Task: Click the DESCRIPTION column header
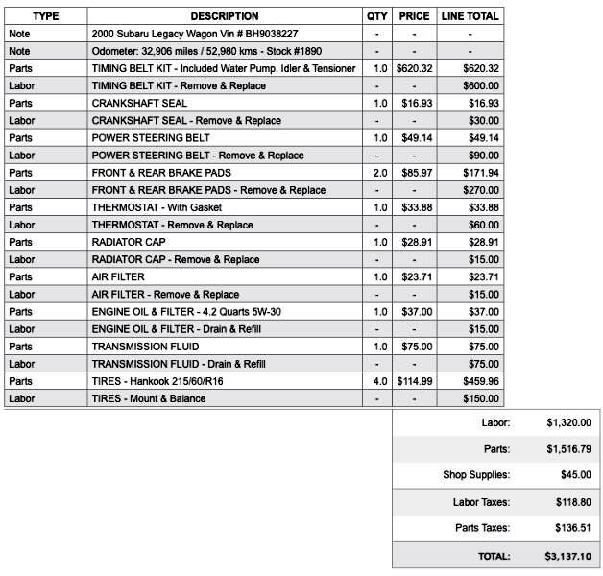tap(224, 16)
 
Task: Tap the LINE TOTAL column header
tap(470, 16)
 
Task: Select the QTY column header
tap(377, 16)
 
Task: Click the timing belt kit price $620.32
tap(414, 68)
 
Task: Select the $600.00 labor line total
tap(480, 85)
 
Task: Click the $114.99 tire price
tap(414, 381)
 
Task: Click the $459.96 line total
tap(480, 381)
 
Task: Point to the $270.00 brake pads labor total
tap(480, 190)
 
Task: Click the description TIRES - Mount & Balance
tap(149, 398)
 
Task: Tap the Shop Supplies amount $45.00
tap(575, 475)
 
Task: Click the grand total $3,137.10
tap(568, 556)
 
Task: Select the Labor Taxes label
tap(481, 502)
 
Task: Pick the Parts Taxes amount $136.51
tap(572, 528)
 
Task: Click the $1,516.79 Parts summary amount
tap(568, 448)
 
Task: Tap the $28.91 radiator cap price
tap(414, 242)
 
